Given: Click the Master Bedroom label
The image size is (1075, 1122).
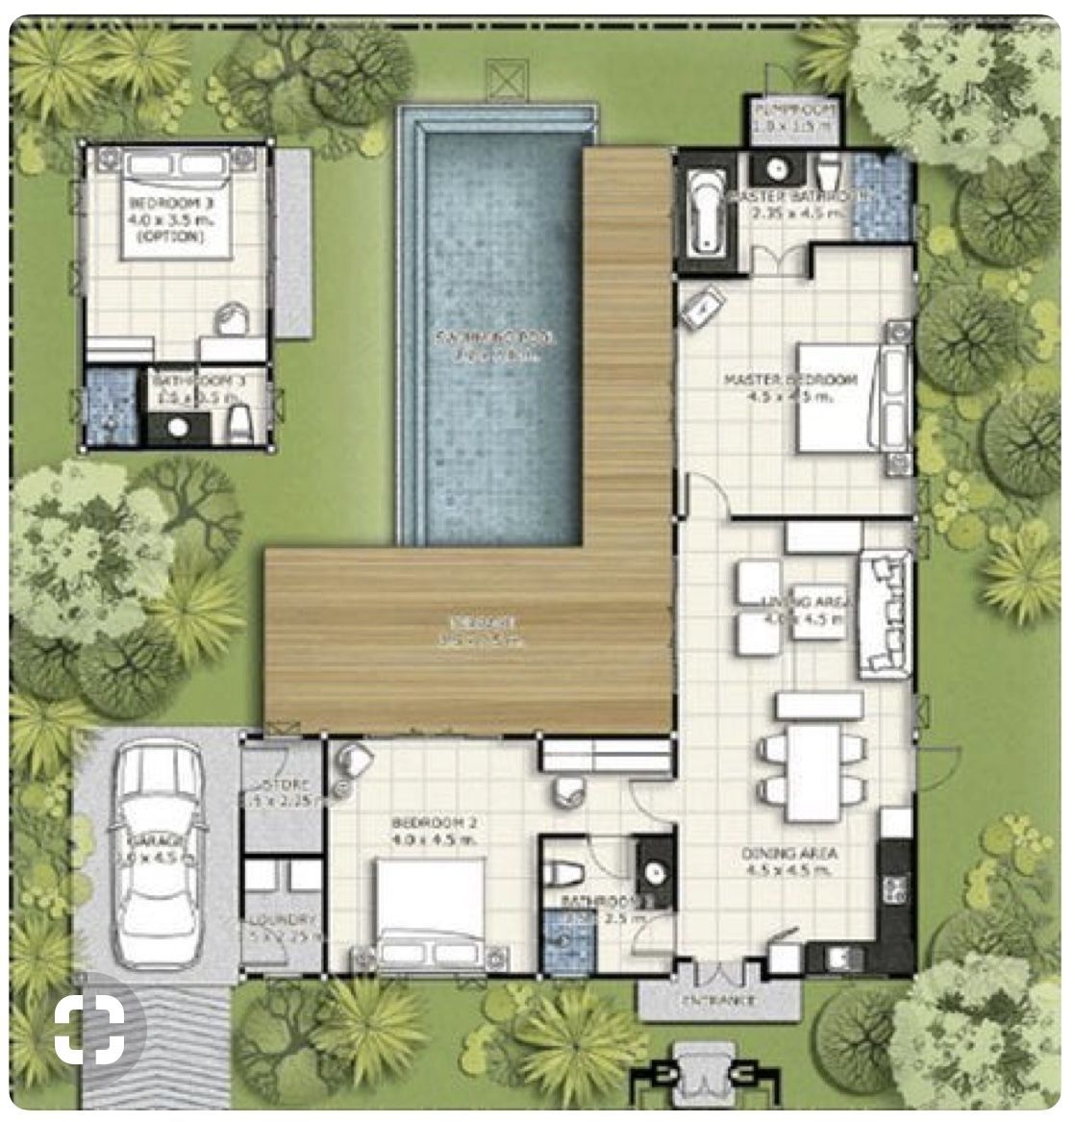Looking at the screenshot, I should (789, 381).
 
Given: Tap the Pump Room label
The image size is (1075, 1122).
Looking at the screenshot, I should (795, 108).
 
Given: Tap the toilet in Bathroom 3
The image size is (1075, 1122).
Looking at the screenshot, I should (239, 418).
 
